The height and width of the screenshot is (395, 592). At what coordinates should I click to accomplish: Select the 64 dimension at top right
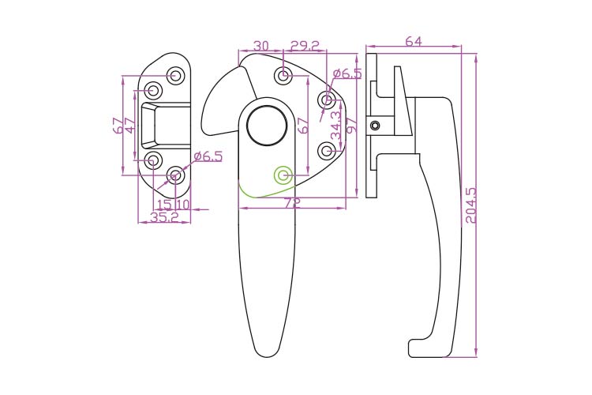(x=414, y=41)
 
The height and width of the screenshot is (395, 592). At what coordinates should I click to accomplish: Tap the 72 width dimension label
(x=292, y=203)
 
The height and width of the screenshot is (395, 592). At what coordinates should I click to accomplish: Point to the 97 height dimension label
(x=351, y=125)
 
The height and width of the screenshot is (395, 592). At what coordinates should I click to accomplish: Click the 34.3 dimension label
(x=335, y=126)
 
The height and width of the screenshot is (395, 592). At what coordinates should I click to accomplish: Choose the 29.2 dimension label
(x=305, y=46)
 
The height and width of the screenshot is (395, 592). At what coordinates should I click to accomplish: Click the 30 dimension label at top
(x=261, y=46)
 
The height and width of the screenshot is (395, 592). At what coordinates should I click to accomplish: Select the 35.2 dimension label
(x=164, y=217)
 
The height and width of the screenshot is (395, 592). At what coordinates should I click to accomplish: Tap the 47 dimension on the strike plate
(x=129, y=125)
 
